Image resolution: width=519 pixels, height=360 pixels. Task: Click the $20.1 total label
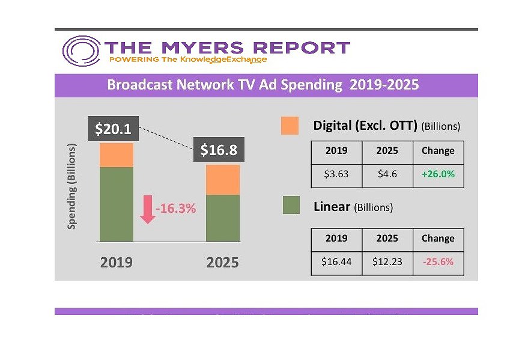click(114, 129)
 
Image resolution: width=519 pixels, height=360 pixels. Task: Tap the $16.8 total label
click(219, 150)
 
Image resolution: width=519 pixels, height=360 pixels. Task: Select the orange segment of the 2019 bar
click(117, 154)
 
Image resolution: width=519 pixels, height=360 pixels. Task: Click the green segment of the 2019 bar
click(117, 204)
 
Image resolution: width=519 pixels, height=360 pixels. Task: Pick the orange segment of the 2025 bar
click(223, 179)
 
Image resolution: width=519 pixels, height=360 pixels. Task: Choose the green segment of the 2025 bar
click(223, 218)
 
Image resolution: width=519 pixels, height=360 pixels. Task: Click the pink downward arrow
click(147, 209)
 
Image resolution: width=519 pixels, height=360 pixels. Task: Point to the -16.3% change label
click(176, 209)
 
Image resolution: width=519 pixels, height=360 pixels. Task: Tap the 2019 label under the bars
click(116, 263)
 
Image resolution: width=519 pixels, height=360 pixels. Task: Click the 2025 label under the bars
click(222, 263)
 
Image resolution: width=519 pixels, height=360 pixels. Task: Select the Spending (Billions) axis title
click(72, 186)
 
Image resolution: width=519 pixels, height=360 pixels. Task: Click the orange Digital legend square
click(290, 126)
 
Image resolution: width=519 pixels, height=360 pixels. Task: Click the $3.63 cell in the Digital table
click(336, 175)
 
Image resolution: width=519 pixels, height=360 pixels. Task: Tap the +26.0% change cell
click(438, 175)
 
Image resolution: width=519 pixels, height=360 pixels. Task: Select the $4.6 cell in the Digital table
click(387, 175)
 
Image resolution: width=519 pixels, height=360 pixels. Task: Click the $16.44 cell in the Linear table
click(336, 263)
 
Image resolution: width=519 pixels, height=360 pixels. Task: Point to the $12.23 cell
click(387, 263)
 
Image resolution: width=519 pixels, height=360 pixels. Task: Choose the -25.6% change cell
click(438, 263)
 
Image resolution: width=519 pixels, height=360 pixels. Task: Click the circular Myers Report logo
click(81, 51)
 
